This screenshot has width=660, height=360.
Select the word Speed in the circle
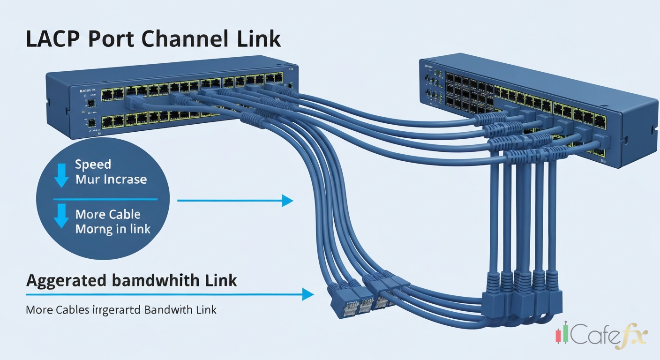pyautogui.click(x=93, y=165)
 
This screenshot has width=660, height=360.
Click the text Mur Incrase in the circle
pyautogui.click(x=111, y=180)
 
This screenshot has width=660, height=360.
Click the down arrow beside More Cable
pyautogui.click(x=61, y=216)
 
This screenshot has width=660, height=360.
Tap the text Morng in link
pyautogui.click(x=112, y=229)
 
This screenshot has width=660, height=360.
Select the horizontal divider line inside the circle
pyautogui.click(x=105, y=199)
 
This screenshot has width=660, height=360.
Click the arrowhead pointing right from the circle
pyautogui.click(x=287, y=201)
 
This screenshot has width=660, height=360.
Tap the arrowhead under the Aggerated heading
pyautogui.click(x=307, y=294)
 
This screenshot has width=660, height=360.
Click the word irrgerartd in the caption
pyautogui.click(x=116, y=310)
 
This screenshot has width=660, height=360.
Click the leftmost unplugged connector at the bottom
pyautogui.click(x=338, y=300)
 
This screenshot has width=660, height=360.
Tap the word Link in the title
pyautogui.click(x=259, y=39)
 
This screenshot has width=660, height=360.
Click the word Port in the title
pyautogui.click(x=111, y=39)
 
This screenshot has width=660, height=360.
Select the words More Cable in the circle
pyautogui.click(x=108, y=215)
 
